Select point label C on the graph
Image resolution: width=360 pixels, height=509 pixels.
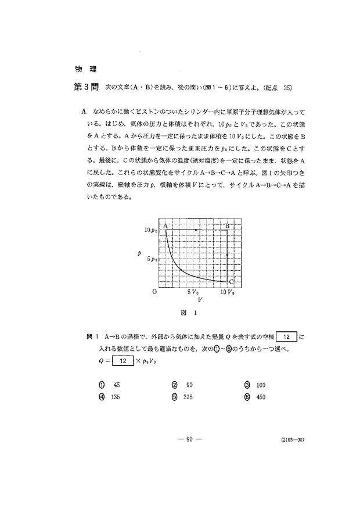coord(231,281)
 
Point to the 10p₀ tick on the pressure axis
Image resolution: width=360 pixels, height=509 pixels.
coord(151,231)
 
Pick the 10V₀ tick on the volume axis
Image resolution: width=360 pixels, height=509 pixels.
coord(227,292)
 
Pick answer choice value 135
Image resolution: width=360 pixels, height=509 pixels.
coord(118,398)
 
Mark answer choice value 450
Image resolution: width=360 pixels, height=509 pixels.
coord(260,398)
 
